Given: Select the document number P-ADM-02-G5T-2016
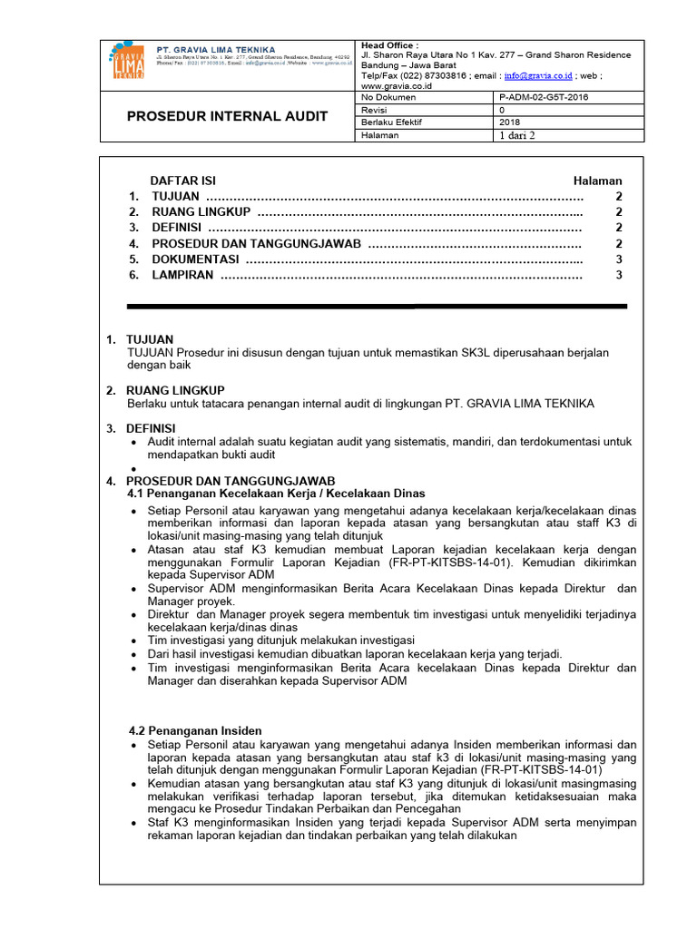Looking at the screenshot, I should (543, 96).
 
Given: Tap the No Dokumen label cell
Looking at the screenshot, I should (388, 96).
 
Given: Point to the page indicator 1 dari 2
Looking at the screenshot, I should (518, 135).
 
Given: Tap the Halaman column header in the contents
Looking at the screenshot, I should (597, 181).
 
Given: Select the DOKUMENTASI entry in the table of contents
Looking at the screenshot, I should (195, 259).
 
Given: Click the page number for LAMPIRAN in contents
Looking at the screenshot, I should (619, 275).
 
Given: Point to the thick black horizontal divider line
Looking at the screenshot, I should (377, 307).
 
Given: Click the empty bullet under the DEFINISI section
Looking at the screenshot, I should (135, 469).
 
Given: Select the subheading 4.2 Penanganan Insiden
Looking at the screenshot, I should (195, 730).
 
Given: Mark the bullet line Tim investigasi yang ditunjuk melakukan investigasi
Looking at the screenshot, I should (280, 641).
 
